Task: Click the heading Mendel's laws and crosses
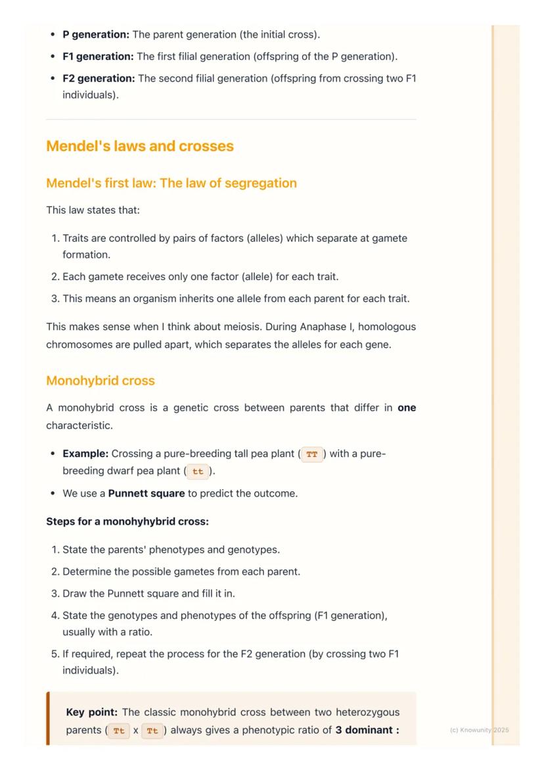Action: click(140, 146)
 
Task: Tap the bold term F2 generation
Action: click(99, 78)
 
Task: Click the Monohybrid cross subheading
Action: click(101, 381)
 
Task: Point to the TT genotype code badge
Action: click(312, 454)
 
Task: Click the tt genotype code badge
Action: click(198, 471)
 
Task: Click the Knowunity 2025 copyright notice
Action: click(479, 730)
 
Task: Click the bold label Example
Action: click(85, 454)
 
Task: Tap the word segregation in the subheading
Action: click(260, 183)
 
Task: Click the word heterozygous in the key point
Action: click(367, 712)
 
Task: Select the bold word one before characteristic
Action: click(407, 408)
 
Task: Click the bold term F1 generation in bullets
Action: click(98, 57)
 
